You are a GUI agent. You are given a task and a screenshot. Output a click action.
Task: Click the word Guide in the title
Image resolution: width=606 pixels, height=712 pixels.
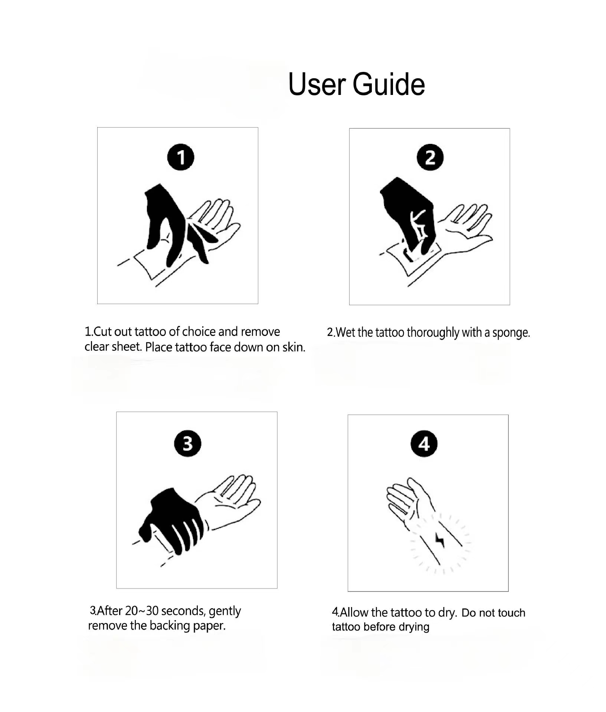coord(389,84)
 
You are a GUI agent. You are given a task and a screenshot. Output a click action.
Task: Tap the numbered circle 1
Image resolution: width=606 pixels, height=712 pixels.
coord(181,157)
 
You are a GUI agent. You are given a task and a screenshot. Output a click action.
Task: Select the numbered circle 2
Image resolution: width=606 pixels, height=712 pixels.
coord(430,157)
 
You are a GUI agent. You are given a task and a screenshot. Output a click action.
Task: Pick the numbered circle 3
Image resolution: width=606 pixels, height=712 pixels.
coord(187,444)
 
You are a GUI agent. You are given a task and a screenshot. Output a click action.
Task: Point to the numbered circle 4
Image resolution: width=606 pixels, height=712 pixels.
coord(424,444)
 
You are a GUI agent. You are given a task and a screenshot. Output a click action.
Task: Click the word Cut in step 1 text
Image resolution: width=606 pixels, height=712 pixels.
coord(102,331)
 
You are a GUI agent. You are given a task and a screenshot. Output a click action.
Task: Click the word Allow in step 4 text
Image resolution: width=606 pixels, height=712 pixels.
coord(354,612)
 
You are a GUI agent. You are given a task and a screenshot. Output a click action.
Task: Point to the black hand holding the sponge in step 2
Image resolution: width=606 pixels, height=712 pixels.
coord(406,215)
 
